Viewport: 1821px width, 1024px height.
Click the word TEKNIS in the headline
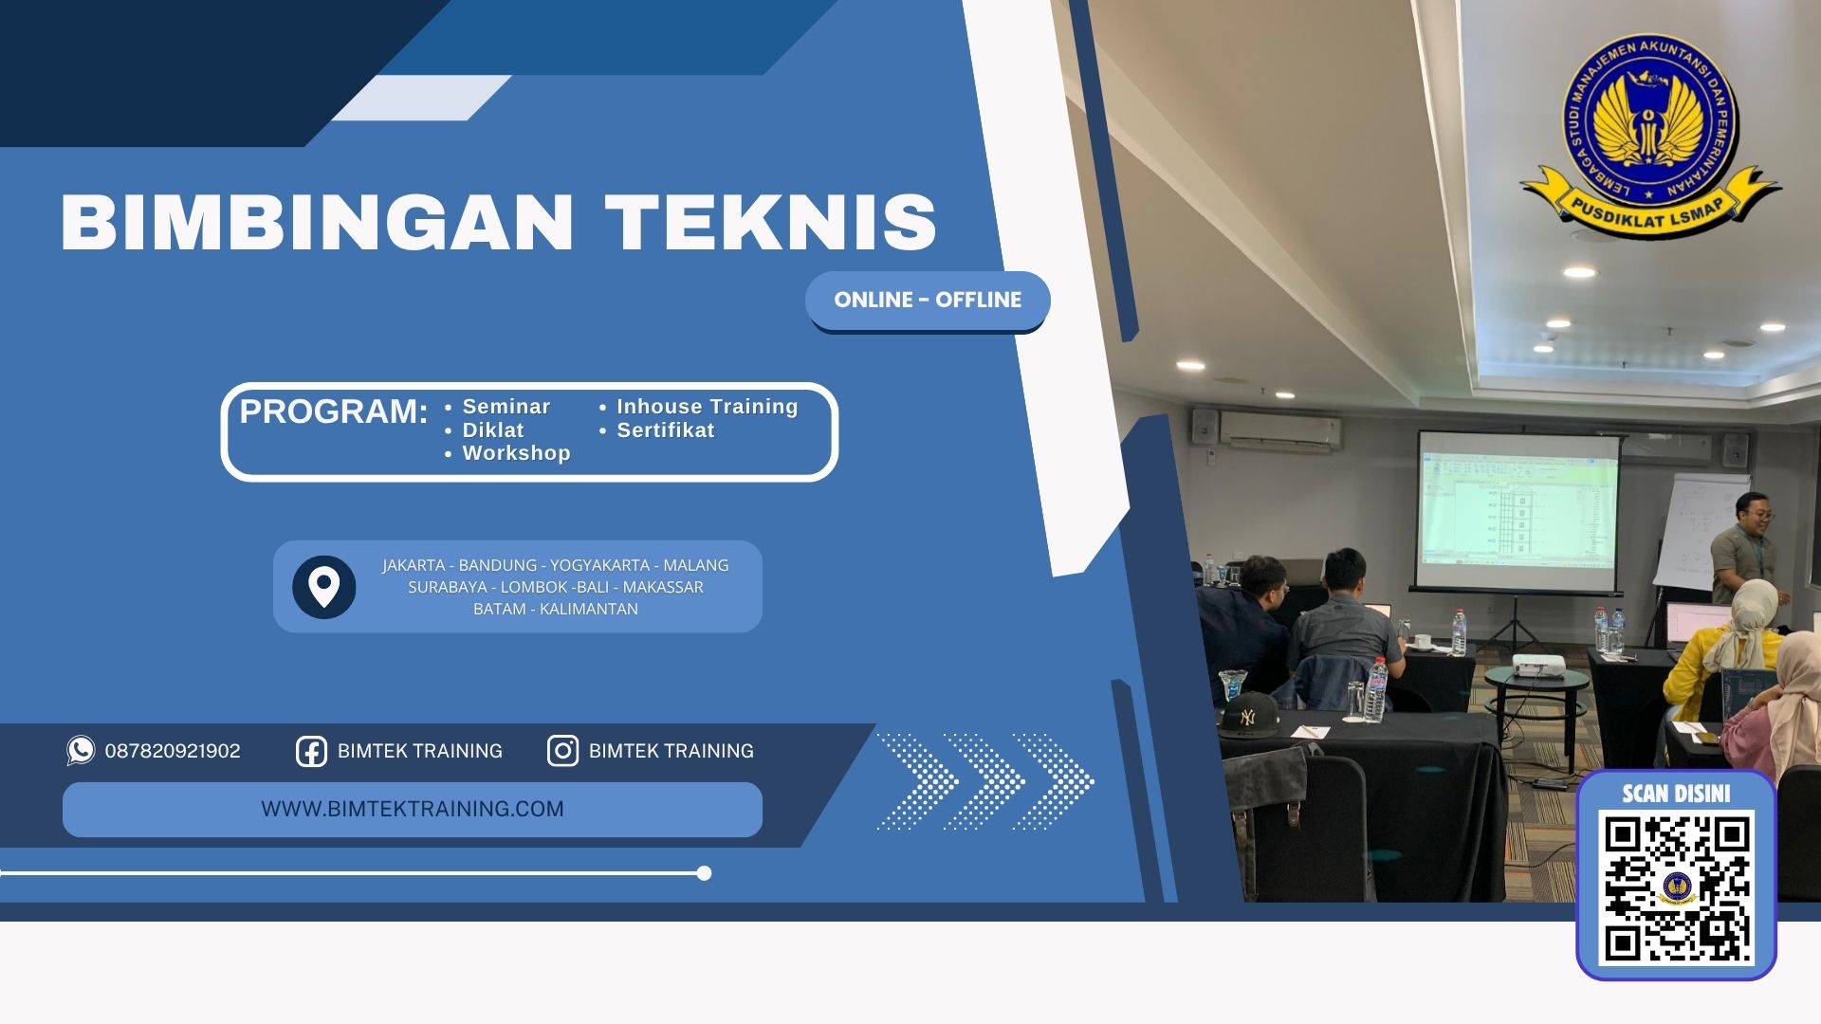[770, 223]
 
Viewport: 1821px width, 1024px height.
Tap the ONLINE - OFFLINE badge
[928, 301]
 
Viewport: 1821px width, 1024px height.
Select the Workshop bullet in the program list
[516, 453]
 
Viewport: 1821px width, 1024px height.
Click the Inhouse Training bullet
[707, 407]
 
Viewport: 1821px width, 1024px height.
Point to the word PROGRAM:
[333, 411]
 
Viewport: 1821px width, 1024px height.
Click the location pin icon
[323, 587]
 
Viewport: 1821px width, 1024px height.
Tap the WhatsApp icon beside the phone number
[81, 750]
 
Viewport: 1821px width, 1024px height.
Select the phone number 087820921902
[173, 751]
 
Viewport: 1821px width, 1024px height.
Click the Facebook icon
[311, 751]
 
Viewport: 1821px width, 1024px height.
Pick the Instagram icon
[562, 751]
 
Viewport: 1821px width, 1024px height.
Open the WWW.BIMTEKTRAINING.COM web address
[413, 809]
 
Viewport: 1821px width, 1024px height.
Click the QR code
[1676, 887]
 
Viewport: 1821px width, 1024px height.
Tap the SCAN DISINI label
[1676, 794]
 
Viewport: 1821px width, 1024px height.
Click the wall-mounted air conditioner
[1280, 428]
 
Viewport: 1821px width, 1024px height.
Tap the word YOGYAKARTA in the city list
[599, 565]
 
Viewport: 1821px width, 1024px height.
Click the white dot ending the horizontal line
[704, 873]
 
